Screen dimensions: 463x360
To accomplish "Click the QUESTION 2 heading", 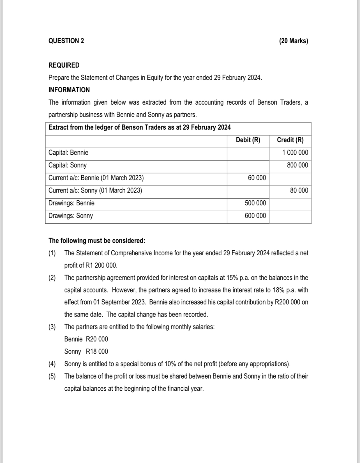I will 66,41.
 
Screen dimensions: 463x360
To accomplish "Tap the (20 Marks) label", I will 294,41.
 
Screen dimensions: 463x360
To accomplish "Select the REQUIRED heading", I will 64,65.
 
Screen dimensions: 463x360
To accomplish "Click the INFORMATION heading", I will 69,90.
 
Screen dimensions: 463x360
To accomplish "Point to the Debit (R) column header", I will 248,140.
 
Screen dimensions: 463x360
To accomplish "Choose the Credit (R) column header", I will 290,140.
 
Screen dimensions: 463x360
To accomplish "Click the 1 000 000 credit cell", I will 295,153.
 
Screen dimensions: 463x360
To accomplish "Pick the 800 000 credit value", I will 297,165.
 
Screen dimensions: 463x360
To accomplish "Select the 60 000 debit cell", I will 257,178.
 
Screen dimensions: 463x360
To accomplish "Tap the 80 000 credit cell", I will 299,191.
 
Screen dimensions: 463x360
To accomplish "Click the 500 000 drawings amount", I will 255,203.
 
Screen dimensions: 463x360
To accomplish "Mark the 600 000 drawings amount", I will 255,216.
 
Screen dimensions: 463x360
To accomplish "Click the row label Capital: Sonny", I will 68,165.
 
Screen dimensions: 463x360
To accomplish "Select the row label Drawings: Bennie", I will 71,203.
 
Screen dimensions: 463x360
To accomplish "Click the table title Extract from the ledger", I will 139,127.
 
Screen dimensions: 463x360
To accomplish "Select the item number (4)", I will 52,364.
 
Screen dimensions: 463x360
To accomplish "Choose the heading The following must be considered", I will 97,241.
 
